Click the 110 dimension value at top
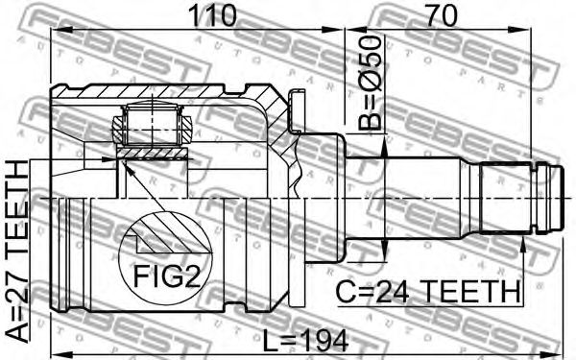point(211,15)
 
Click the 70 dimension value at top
point(442,15)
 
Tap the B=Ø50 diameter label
point(370,83)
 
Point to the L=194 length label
point(305,340)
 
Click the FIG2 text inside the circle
point(167,276)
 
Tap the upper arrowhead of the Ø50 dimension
point(384,146)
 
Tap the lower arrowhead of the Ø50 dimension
point(384,251)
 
